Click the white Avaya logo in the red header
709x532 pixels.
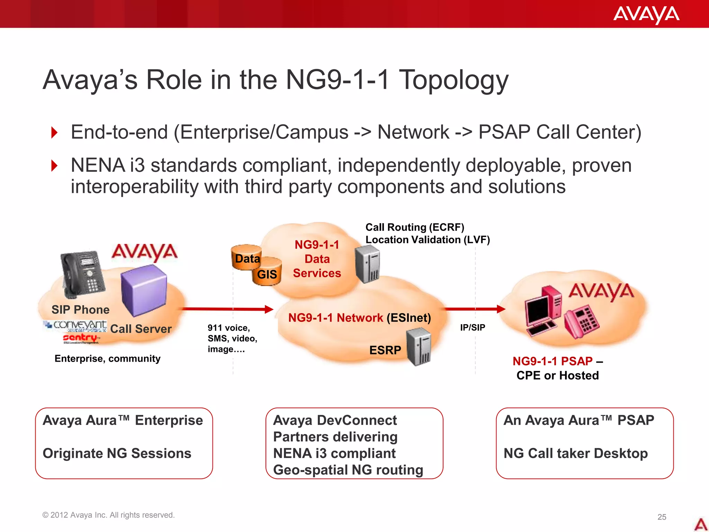646,15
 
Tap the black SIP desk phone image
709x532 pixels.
82,274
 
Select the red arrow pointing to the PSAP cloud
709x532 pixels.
474,309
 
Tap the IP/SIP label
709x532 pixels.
473,327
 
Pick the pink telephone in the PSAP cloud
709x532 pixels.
582,322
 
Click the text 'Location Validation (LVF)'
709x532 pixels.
428,240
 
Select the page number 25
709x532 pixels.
662,517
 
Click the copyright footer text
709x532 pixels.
108,515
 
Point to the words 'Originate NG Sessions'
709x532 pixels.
117,453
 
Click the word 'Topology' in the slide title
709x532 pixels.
454,80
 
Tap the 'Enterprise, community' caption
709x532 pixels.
107,358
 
